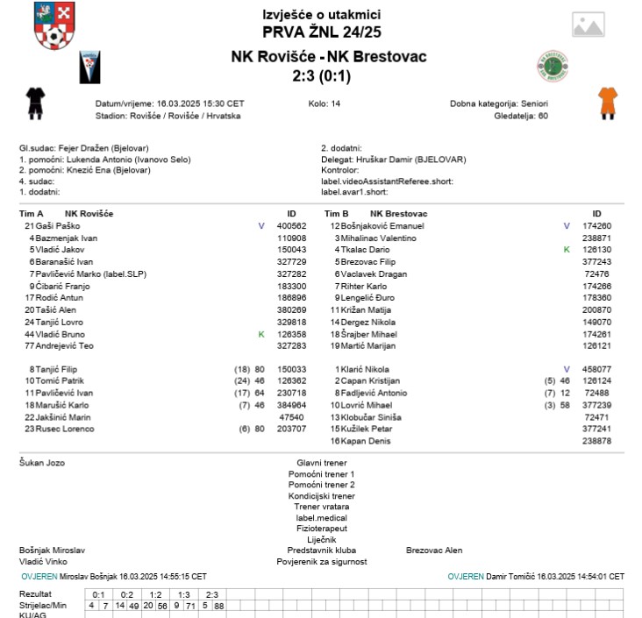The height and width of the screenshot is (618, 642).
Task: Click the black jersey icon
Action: [35, 102]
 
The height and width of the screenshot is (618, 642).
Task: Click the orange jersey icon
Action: [607, 102]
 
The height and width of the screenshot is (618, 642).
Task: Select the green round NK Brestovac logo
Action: [553, 66]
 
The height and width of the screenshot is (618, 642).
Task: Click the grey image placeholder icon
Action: [588, 25]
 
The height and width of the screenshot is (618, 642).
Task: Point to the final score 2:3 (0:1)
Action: [321, 76]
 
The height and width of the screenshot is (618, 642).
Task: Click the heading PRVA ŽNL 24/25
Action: [321, 33]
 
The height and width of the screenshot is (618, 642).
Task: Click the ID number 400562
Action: [291, 226]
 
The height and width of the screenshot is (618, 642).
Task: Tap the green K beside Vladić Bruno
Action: [260, 334]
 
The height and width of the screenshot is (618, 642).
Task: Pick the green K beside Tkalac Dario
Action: [567, 250]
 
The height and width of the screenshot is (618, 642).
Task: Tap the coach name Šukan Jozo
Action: [42, 462]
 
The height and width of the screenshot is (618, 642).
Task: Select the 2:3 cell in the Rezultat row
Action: [211, 594]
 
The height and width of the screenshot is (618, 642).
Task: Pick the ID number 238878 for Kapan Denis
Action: [596, 441]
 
